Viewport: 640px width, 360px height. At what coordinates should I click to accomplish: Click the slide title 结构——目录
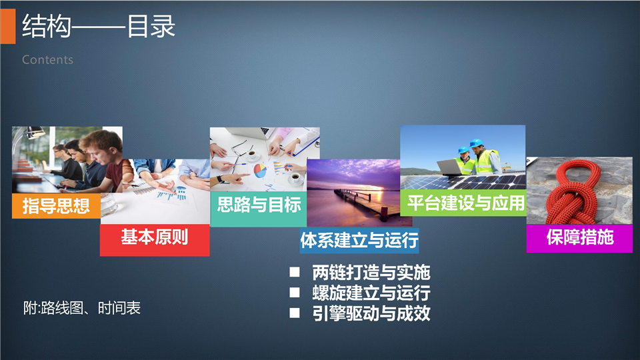point(99,27)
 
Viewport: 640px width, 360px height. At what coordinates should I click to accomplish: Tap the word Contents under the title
point(48,60)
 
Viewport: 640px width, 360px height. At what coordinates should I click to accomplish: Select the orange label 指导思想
point(56,206)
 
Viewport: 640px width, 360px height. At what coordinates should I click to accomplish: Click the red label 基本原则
point(155,237)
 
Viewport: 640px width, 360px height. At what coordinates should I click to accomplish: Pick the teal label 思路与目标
point(259,205)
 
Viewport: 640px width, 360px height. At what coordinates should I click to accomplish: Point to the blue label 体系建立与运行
point(359,240)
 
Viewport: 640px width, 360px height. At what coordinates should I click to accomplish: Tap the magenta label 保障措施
point(579,237)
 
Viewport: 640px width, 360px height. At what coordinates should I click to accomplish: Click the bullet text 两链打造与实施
point(371,272)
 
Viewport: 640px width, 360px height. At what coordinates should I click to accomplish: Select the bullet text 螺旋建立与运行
point(371,293)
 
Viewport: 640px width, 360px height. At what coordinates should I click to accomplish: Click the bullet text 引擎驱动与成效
point(371,313)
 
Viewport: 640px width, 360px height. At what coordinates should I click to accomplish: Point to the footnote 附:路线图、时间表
point(81,308)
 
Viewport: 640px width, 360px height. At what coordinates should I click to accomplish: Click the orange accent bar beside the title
point(8,26)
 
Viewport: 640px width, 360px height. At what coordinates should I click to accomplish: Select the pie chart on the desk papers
point(260,170)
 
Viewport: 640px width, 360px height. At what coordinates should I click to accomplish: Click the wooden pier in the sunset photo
point(363,204)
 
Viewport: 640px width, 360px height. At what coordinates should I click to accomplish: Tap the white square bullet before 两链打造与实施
point(295,272)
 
